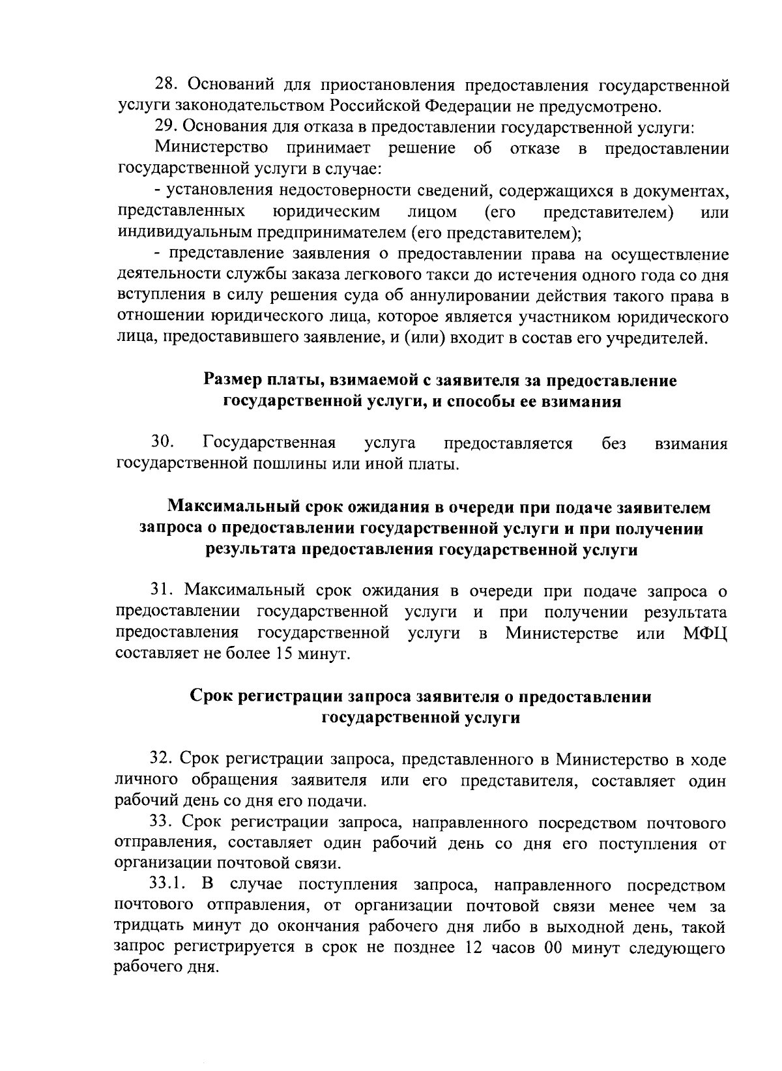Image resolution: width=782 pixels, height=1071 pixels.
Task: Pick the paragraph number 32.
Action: (x=162, y=759)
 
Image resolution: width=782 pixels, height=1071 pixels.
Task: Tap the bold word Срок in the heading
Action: (x=212, y=697)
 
